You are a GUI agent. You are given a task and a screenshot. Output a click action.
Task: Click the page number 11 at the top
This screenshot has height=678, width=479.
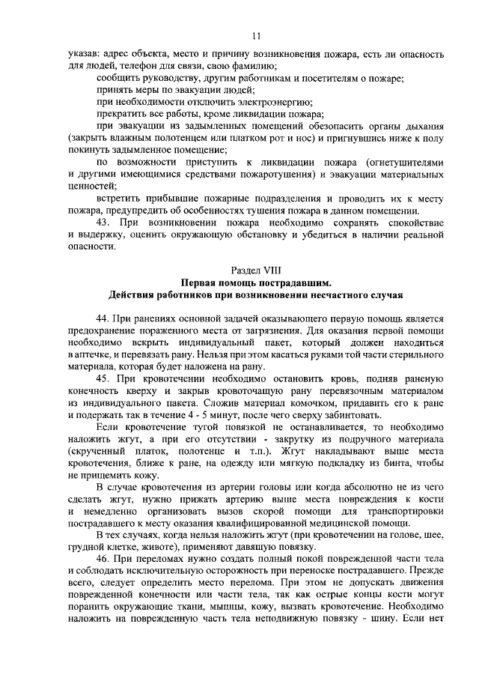tap(256, 36)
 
